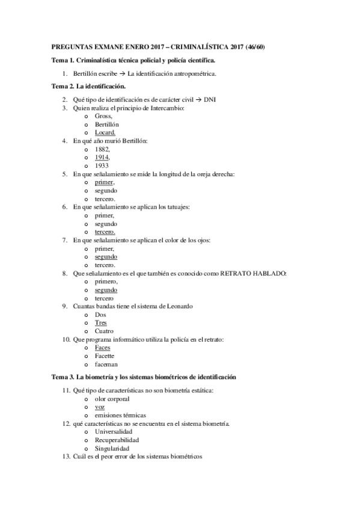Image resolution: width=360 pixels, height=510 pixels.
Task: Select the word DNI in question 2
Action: (210, 99)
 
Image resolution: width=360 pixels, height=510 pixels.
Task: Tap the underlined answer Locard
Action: (105, 132)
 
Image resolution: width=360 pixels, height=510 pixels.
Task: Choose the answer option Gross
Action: (103, 115)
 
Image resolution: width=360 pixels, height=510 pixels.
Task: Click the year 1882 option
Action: (102, 149)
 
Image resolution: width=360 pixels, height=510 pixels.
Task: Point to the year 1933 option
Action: (102, 165)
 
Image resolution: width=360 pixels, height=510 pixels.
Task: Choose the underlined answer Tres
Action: (100, 322)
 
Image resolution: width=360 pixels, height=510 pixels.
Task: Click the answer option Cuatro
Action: (103, 331)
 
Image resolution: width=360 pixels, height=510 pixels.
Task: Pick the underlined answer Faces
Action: (102, 348)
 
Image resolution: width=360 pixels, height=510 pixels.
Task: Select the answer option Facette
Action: (105, 356)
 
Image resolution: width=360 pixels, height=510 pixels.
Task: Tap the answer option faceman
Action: (106, 364)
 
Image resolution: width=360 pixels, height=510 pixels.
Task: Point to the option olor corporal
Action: (112, 398)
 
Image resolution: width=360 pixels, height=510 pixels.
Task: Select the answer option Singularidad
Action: (114, 448)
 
